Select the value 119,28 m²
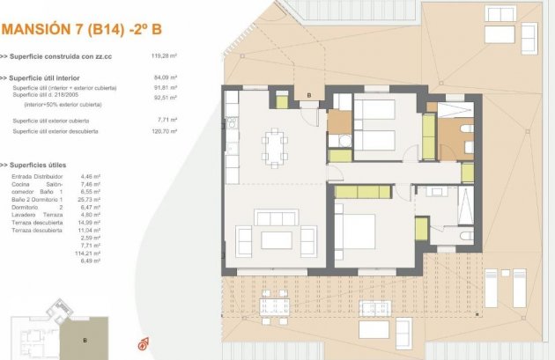click(165, 56)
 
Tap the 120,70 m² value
click(165, 131)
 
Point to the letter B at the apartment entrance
click(309, 95)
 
